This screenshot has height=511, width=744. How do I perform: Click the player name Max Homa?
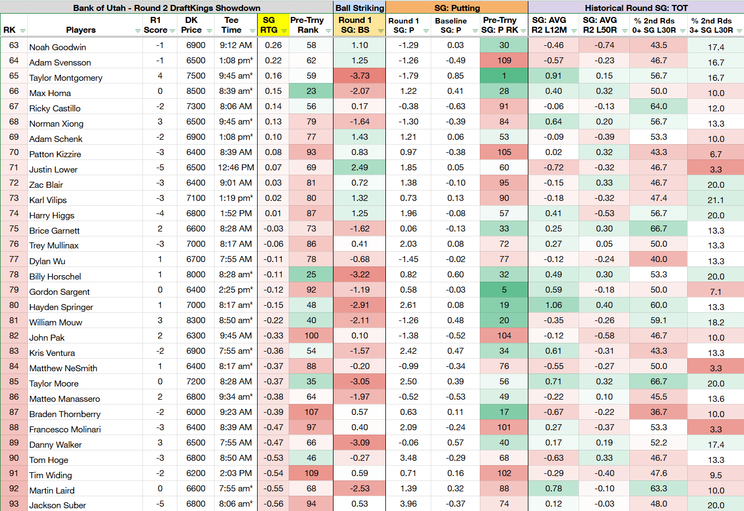(x=50, y=93)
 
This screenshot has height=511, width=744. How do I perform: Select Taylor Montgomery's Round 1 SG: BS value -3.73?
(x=359, y=76)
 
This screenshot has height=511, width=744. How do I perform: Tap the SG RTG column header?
(x=269, y=25)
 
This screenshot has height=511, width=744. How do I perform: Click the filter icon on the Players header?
(x=138, y=31)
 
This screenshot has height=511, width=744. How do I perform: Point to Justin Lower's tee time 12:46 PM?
(x=236, y=168)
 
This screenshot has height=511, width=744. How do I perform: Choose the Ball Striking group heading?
(x=360, y=8)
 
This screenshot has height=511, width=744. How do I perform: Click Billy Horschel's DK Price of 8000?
(x=195, y=275)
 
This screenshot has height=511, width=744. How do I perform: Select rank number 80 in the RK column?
(x=14, y=305)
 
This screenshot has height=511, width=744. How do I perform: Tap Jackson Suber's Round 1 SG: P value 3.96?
(x=408, y=504)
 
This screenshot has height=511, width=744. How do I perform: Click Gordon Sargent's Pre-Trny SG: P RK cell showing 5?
(x=504, y=290)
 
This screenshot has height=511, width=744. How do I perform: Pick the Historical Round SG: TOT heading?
(x=636, y=8)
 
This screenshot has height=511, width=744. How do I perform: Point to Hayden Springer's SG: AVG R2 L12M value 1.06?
(x=553, y=305)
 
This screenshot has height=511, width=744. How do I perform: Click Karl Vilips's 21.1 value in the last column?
(x=716, y=200)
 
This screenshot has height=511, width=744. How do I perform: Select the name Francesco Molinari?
(x=65, y=429)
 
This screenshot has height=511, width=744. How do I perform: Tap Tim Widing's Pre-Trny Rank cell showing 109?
(x=311, y=473)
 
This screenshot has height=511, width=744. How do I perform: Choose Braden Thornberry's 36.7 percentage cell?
(x=658, y=412)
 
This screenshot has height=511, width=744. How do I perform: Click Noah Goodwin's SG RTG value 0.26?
(x=273, y=45)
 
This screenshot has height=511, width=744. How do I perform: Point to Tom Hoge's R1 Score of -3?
(x=160, y=458)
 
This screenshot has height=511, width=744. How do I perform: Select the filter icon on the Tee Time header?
(x=252, y=31)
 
